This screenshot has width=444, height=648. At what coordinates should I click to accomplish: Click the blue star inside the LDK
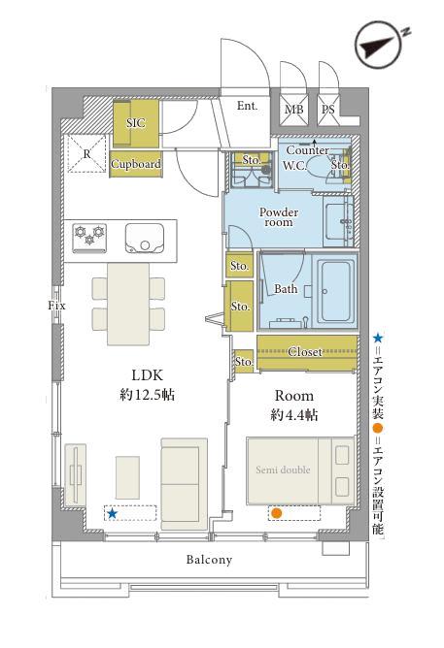112,514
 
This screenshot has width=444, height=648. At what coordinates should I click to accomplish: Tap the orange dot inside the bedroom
276,513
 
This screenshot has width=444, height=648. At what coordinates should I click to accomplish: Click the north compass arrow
378,46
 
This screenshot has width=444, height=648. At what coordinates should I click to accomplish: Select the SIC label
136,123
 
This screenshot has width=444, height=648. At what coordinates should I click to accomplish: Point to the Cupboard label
136,164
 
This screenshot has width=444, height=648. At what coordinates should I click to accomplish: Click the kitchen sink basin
145,238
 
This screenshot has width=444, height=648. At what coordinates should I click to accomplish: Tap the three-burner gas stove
89,238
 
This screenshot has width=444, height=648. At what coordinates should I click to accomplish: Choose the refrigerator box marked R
86,153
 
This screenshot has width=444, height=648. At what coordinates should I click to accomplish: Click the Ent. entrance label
247,106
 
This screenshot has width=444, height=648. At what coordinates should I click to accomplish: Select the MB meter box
293,110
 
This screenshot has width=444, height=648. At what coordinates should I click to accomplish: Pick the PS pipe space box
328,110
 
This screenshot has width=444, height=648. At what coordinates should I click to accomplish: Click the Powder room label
279,217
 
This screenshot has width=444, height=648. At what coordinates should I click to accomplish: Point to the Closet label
305,352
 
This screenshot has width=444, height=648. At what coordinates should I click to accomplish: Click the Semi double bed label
283,470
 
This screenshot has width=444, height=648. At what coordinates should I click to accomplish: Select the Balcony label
209,560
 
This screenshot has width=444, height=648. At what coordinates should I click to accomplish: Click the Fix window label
56,306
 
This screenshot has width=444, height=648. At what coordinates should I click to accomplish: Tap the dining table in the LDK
128,304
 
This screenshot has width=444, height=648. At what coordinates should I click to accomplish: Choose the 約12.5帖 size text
148,395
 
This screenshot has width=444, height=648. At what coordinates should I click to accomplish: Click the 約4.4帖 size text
294,414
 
